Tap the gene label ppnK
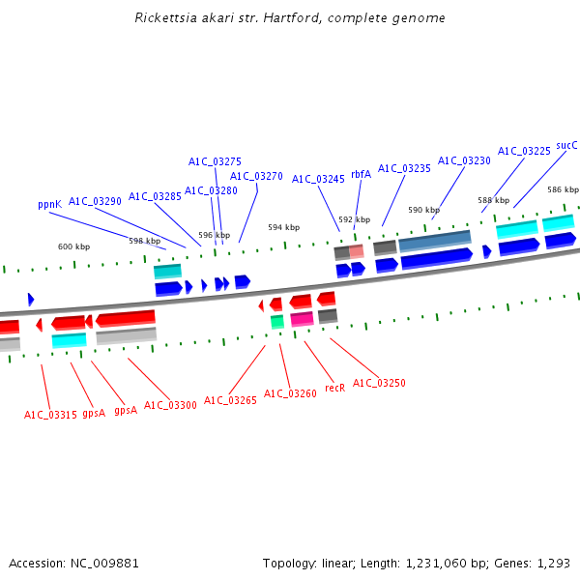pos(49,205)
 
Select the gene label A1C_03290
pos(95,201)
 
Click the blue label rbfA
pos(361,175)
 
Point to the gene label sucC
pos(566,146)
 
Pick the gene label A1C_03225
pos(524,152)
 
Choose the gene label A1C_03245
pos(318,179)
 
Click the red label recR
pos(334,388)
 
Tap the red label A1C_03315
pos(50,415)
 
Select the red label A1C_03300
pos(170,405)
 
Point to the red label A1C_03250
pos(379,383)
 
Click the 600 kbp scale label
pos(72,247)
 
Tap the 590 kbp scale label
pos(423,210)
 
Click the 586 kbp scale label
pos(563,189)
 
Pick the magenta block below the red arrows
pos(302,319)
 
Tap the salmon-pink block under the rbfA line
pos(356,251)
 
